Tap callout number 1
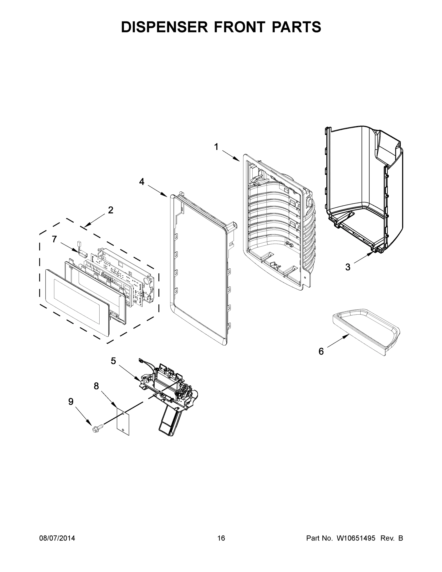(216, 147)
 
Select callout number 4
(142, 182)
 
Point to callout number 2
(111, 210)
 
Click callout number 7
(54, 239)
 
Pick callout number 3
(347, 267)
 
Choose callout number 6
(321, 351)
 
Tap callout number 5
(113, 361)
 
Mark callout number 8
(96, 386)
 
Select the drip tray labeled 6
(367, 331)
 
